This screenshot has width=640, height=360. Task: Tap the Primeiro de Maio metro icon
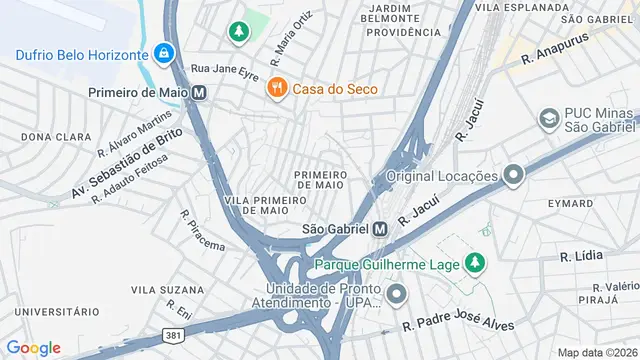click(x=200, y=91)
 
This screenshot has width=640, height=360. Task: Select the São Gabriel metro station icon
click(x=380, y=229)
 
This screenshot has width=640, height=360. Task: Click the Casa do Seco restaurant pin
click(x=277, y=89)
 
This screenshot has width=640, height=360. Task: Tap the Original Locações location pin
click(x=513, y=176)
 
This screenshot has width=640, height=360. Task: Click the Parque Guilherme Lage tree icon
click(x=476, y=264)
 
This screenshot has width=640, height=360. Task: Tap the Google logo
click(x=33, y=347)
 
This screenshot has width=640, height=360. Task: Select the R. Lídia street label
click(x=581, y=256)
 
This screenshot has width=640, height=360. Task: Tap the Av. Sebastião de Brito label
click(x=126, y=162)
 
